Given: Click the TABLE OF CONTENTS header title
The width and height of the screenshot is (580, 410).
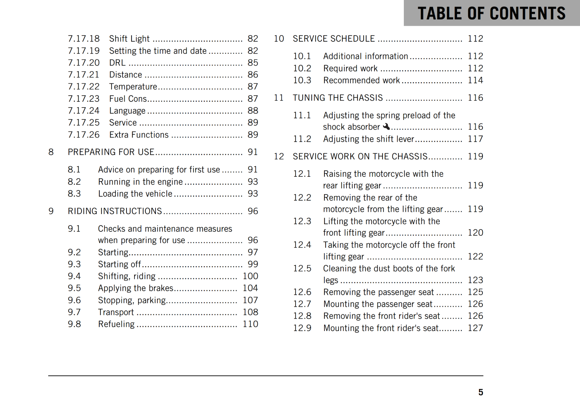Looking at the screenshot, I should pos(491,13).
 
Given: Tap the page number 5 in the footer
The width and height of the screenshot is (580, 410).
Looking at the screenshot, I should pos(480,392).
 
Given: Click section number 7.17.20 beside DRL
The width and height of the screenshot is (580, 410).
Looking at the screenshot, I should pos(83,63).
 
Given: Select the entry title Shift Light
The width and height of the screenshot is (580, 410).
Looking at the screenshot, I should pos(129,39).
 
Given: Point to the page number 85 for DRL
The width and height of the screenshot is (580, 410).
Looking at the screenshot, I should pos(253,63).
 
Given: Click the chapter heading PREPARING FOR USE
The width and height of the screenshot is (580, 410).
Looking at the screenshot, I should pos(111,152).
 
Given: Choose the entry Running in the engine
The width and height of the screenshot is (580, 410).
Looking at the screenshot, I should pos(140,182).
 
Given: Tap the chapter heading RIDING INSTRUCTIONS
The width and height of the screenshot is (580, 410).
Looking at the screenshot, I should pos(115,211).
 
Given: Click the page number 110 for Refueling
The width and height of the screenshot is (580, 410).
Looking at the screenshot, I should pos(250,324).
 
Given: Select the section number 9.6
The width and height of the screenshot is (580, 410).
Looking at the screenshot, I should pos(74,300).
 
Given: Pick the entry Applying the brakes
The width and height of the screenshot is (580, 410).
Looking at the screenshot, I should pos(136,288).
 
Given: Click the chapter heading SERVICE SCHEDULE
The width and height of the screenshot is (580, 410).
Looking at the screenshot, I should pos(333,39).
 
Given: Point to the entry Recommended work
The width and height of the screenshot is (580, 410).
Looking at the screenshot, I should pos(361,80).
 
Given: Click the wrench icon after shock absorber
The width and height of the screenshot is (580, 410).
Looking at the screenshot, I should pos(386,126).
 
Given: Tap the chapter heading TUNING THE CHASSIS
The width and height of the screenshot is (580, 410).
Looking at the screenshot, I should pos(337,98).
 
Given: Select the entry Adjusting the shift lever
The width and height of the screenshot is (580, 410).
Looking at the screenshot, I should pos(368,139).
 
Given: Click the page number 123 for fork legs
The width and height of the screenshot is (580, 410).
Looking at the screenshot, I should pos(475,280).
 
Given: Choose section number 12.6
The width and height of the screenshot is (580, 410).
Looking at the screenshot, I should pos(302,292).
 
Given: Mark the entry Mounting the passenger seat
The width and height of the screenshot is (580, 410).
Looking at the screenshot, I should pos(378,304).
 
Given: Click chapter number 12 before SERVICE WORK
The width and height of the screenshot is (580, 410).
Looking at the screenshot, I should pos(279,156).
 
